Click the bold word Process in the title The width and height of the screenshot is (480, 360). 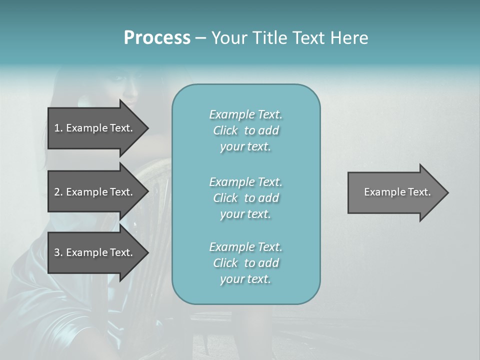(x=157, y=38)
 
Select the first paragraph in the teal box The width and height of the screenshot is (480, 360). (x=245, y=130)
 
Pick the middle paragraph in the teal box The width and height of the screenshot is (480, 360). (x=245, y=198)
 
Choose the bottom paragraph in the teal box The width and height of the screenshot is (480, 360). (x=245, y=263)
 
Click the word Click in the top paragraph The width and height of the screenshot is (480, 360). (x=225, y=130)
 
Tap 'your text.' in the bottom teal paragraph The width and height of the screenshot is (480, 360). (x=245, y=279)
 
